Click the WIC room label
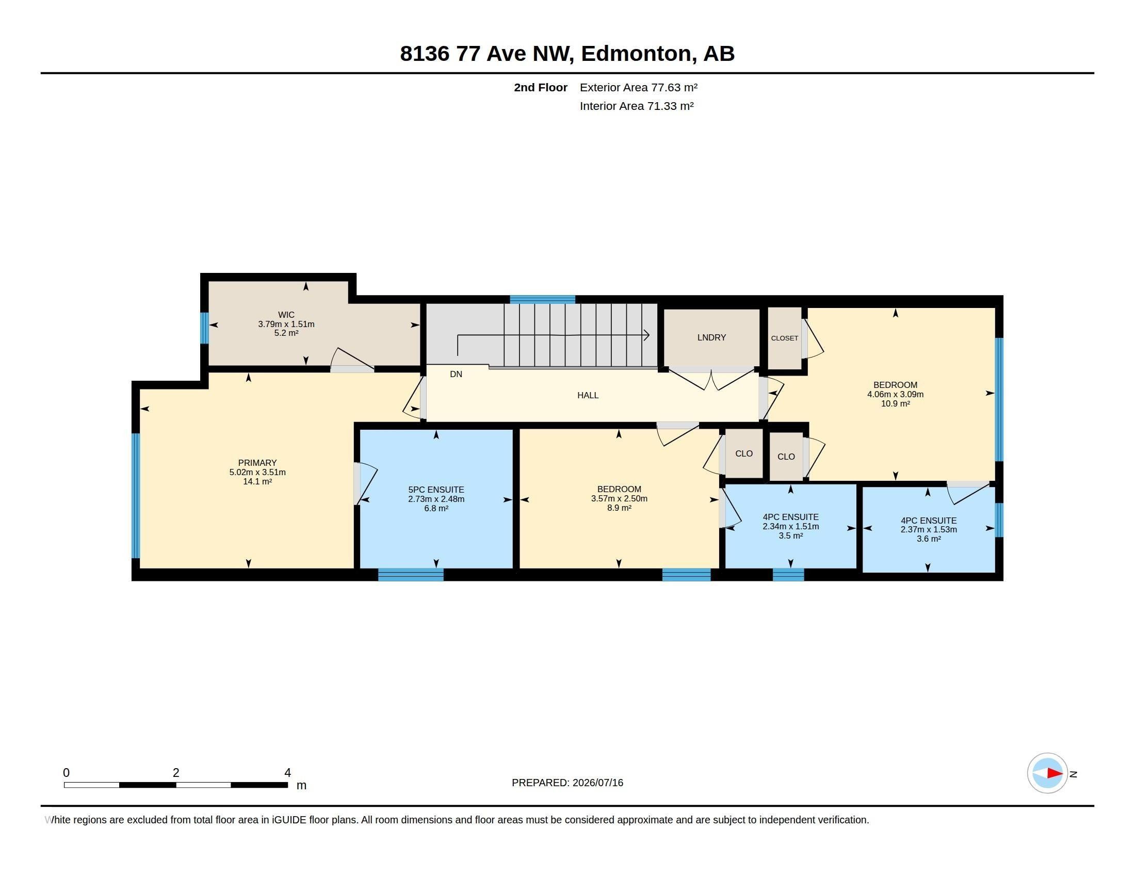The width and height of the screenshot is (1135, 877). tap(286, 315)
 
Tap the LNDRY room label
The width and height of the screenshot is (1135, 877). tap(711, 337)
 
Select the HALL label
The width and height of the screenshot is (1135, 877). tap(588, 395)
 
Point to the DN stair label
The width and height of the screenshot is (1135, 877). tap(456, 374)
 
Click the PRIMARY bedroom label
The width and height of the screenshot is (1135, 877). tap(257, 463)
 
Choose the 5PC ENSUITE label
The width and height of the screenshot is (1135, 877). tap(436, 490)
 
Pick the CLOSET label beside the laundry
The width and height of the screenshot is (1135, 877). tap(784, 338)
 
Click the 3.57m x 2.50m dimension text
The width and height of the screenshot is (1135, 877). tap(619, 499)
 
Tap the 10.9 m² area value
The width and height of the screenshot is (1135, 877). tap(895, 404)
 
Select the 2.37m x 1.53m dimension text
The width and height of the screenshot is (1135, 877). tap(928, 529)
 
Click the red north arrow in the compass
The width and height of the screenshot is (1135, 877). tap(1055, 773)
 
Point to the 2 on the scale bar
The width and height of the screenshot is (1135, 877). tap(176, 773)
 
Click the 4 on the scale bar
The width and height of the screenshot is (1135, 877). tap(287, 773)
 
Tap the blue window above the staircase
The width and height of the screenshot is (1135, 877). tap(542, 299)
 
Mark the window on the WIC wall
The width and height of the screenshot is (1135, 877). tap(204, 328)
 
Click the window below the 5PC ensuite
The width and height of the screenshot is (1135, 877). tap(411, 575)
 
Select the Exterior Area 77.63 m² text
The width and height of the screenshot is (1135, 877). tap(638, 87)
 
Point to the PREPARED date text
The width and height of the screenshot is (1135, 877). tap(567, 783)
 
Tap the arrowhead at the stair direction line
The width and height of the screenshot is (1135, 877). tap(647, 335)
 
